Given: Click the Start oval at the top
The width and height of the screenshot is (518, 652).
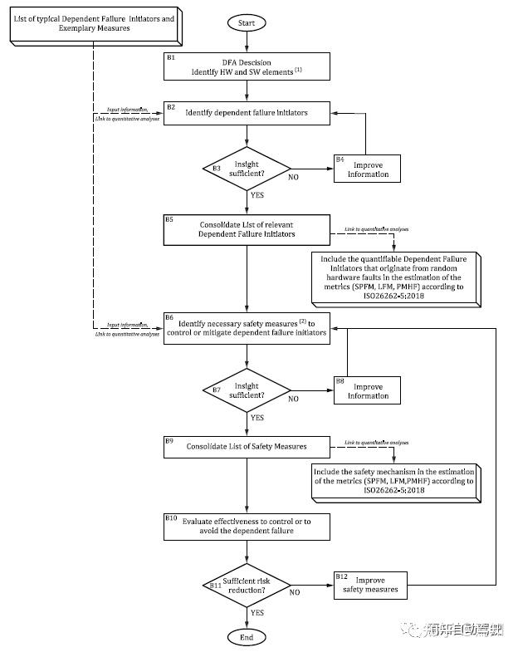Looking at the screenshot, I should pos(247,23).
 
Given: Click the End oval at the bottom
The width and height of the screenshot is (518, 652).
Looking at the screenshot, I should pos(247,636).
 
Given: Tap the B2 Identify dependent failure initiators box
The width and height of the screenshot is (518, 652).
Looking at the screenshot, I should pos(247,113).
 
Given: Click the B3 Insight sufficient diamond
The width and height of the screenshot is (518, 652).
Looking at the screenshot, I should pos(247,169).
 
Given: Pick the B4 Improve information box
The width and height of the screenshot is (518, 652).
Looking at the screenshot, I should pos(367,169).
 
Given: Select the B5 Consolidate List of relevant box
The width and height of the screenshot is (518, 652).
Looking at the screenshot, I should pos(247,229).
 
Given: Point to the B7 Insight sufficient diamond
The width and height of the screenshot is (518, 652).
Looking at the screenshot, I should pos(247,391).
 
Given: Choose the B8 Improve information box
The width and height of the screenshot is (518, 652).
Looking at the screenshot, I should pos(367,390).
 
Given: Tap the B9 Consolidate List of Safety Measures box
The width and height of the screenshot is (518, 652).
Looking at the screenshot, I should pos(247,447).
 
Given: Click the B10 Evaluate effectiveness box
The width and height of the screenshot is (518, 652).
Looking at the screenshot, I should pos(247,526).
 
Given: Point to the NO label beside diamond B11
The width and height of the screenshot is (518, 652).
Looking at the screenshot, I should pos(294,593).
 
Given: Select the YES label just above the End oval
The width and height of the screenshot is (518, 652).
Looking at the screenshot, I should pos(257,613).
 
